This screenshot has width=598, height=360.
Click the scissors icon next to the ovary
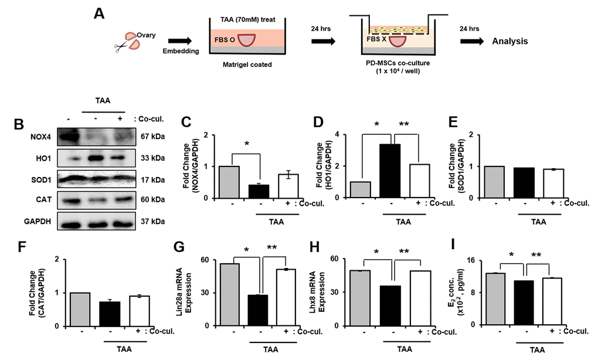(121, 48)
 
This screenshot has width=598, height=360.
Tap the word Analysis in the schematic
(509, 42)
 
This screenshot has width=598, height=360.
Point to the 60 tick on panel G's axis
(204, 259)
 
